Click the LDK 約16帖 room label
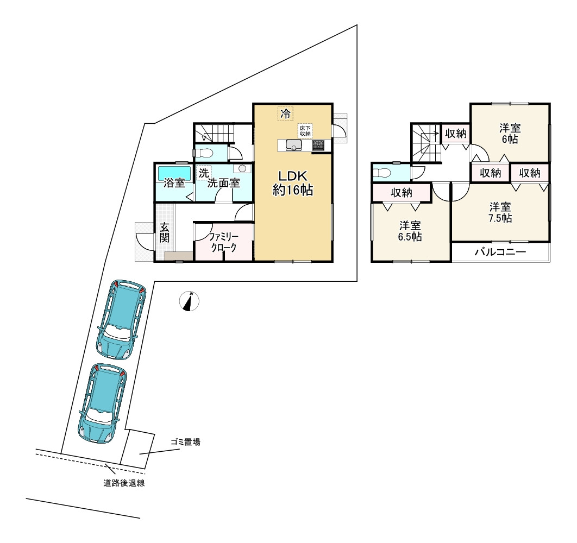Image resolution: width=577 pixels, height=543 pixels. tap(292, 183)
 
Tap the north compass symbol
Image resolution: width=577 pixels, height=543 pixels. tap(189, 301)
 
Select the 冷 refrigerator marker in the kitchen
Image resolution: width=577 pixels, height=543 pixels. tap(286, 113)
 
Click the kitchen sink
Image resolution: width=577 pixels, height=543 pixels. tap(293, 146)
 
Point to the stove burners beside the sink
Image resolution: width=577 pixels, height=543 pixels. tap(318, 146)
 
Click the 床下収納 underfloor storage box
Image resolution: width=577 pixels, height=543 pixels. tap(305, 131)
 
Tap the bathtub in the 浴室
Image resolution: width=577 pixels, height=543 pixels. tap(174, 173)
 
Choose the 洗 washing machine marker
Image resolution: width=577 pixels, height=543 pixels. tap(204, 173)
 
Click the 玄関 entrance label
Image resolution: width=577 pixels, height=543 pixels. tap(165, 232)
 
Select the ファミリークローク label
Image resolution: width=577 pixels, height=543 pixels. tap(224, 242)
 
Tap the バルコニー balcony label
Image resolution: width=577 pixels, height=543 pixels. tap(500, 252)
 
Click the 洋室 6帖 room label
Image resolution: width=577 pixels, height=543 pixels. tap(510, 134)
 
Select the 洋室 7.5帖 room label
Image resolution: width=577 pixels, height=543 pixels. tap(500, 212)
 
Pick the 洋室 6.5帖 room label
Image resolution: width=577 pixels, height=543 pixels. tap(410, 231)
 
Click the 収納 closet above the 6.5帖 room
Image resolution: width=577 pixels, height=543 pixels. tap(402, 192)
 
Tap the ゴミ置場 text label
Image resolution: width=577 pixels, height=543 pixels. tap(185, 442)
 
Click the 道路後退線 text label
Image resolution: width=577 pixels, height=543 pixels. tap(124, 483)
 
